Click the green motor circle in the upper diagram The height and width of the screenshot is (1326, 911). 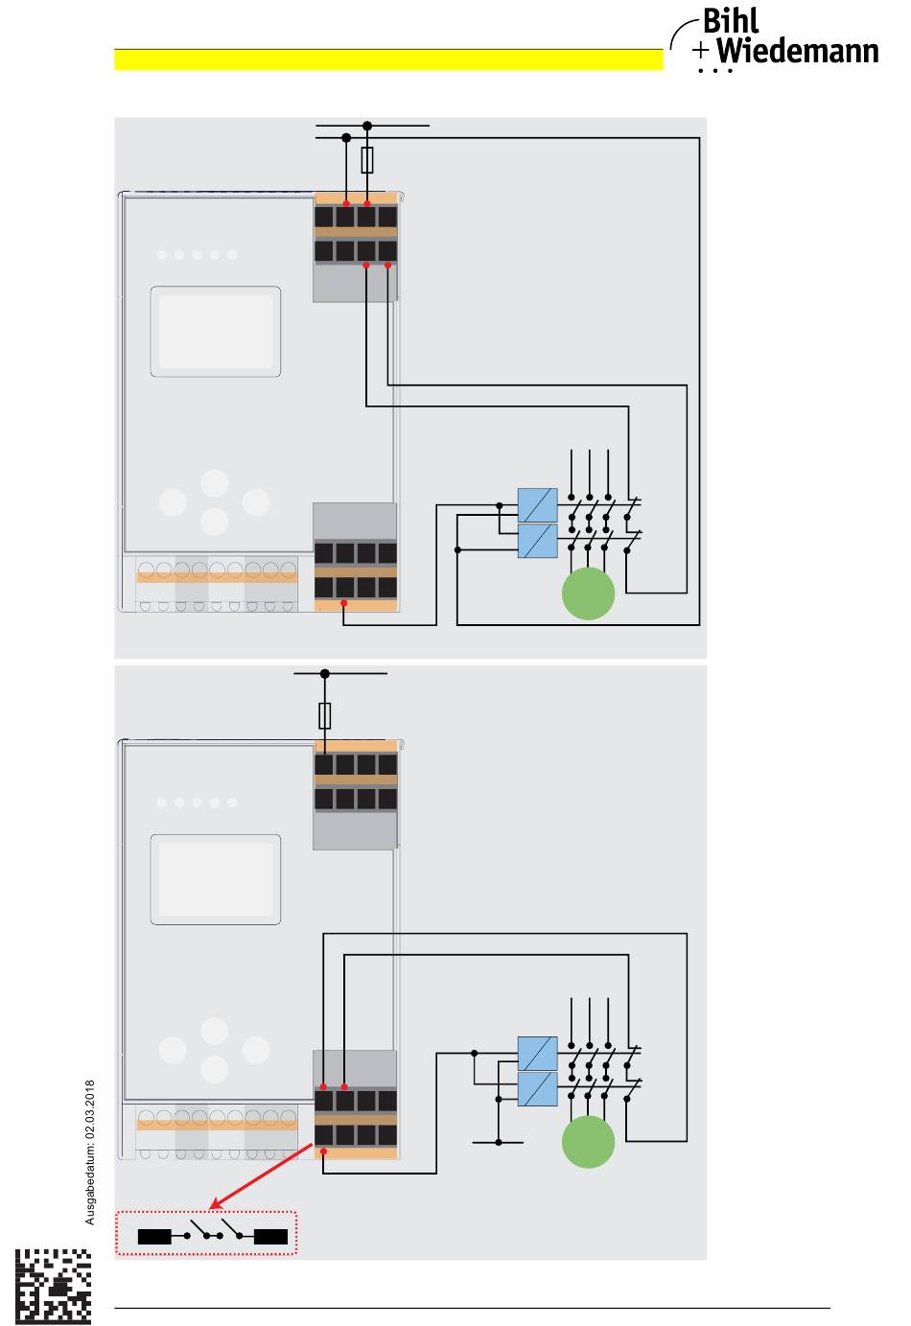[588, 593]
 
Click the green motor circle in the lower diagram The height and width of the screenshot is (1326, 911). [588, 1142]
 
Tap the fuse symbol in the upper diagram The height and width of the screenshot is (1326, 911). [367, 160]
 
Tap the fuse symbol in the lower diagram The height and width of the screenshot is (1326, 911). [325, 715]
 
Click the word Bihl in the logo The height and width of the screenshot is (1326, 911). [731, 21]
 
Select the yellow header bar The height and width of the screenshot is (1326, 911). [388, 59]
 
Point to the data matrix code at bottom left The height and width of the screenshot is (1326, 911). [55, 1286]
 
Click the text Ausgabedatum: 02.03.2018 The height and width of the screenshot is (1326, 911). [90, 1152]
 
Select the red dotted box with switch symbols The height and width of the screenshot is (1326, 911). [206, 1233]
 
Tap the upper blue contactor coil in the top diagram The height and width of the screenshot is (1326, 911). [537, 504]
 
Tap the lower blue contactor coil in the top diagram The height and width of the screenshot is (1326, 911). [537, 541]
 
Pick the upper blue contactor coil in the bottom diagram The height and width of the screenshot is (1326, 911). [537, 1053]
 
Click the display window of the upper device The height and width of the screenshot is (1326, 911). [216, 332]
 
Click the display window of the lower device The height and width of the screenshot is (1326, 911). [216, 879]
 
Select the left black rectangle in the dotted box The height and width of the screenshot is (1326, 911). [154, 1237]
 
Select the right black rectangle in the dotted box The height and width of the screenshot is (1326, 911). [270, 1237]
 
